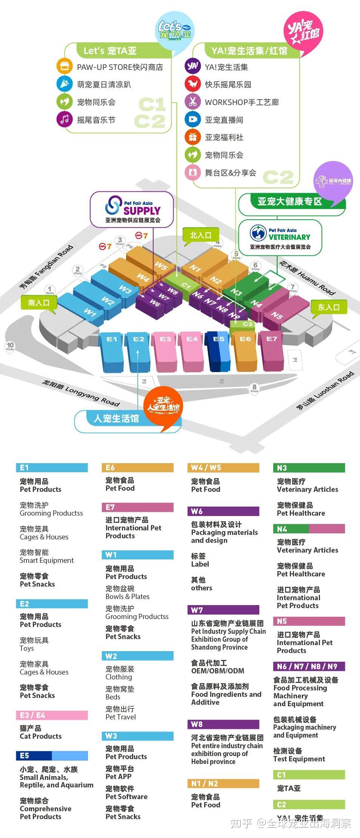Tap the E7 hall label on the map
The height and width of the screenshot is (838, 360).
click(x=272, y=339)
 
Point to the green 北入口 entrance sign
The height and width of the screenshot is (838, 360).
click(x=200, y=236)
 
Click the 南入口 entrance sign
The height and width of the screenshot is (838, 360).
click(x=39, y=303)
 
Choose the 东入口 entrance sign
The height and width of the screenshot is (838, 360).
click(x=328, y=307)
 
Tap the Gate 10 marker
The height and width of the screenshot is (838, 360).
click(x=10, y=346)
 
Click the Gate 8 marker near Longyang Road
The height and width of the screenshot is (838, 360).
click(x=254, y=388)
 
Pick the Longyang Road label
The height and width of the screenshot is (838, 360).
click(x=80, y=393)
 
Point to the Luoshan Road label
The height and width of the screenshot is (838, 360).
click(x=325, y=391)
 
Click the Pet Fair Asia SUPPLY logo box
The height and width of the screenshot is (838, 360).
click(x=132, y=209)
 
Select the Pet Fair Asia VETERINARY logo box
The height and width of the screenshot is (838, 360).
click(x=280, y=237)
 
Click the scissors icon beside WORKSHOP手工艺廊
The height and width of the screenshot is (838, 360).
click(x=193, y=102)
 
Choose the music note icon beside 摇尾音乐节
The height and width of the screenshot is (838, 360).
click(x=65, y=120)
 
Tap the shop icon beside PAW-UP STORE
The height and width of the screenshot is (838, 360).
click(x=65, y=67)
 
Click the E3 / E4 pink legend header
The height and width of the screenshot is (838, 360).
click(x=52, y=715)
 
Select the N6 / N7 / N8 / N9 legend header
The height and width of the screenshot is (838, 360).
click(x=309, y=666)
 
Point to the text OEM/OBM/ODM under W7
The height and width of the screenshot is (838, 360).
click(x=218, y=670)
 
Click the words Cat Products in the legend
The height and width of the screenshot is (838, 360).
click(x=41, y=736)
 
